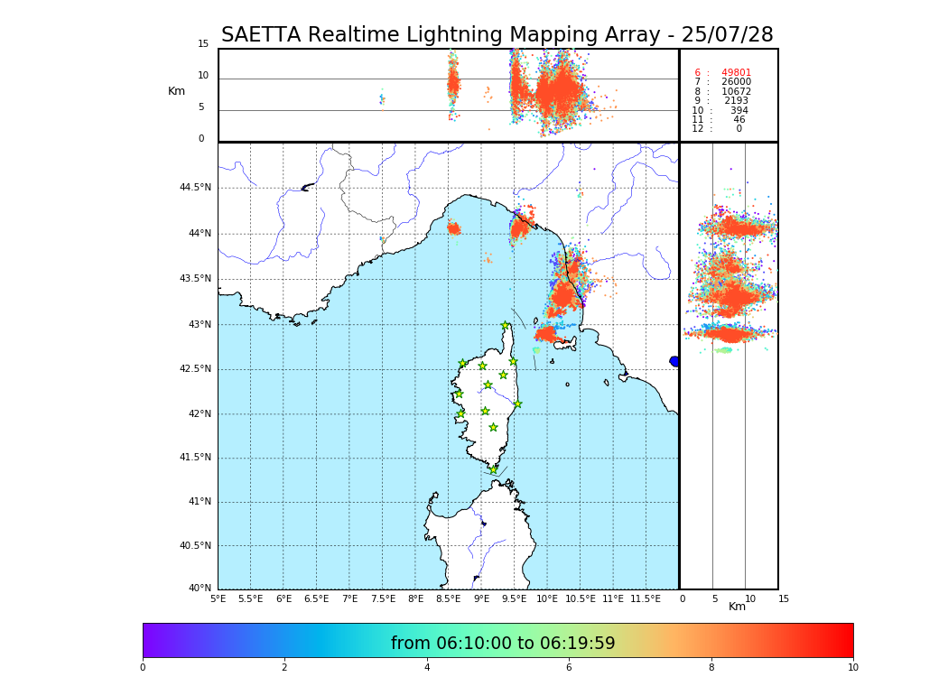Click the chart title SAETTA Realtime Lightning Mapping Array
(x=497, y=35)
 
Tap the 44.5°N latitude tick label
(x=194, y=188)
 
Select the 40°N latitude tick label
(x=200, y=589)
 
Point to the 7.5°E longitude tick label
(x=382, y=599)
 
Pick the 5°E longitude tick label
(x=218, y=599)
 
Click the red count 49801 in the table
(x=736, y=73)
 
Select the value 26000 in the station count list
(x=736, y=82)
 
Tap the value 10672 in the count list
(x=736, y=92)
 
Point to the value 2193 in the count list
(x=736, y=101)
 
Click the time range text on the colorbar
(x=503, y=644)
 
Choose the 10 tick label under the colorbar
(x=852, y=668)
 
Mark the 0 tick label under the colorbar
(x=143, y=668)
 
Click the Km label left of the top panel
(x=176, y=91)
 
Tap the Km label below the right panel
(x=737, y=607)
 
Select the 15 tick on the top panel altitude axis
(x=203, y=44)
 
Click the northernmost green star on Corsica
(x=506, y=325)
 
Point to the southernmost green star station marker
(x=493, y=469)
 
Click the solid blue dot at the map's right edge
(x=674, y=361)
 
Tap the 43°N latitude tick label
(x=200, y=325)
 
